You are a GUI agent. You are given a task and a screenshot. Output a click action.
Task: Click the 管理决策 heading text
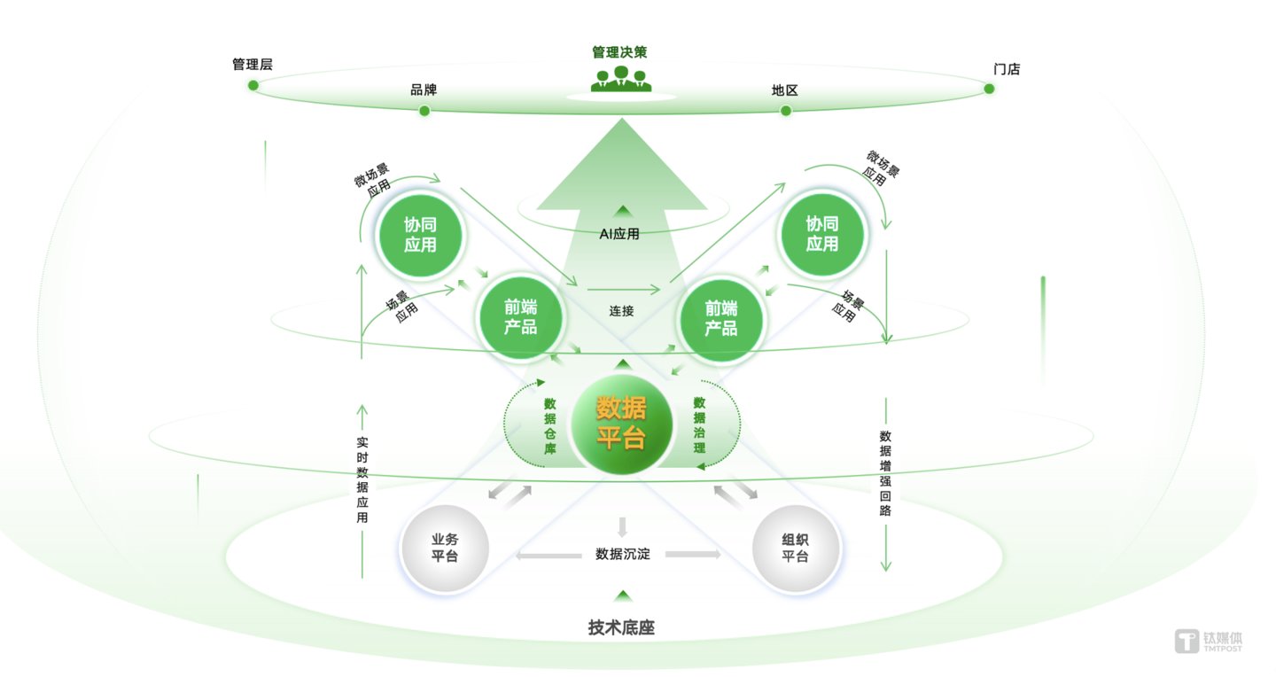point(619,52)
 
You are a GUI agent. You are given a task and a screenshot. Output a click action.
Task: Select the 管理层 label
point(252,65)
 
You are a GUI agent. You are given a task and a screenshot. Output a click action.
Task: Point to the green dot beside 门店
point(989,88)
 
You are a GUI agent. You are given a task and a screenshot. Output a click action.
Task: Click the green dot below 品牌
point(424,111)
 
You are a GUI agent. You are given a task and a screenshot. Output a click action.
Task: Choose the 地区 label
point(784,90)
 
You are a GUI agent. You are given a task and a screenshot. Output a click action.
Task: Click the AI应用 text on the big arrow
point(619,235)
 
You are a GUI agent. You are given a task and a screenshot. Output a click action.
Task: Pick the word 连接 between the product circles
point(621,311)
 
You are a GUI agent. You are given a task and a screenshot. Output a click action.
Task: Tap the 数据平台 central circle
point(621,423)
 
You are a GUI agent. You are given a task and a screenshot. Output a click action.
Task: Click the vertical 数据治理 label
point(699,424)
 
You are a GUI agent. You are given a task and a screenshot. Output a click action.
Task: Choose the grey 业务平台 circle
point(445,549)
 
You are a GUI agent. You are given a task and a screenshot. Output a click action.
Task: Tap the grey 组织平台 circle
point(795,549)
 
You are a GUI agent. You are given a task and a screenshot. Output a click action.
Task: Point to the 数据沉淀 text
point(622,555)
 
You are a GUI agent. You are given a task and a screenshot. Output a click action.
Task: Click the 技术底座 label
point(621,628)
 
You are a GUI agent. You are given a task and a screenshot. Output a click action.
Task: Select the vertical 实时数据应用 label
point(362,479)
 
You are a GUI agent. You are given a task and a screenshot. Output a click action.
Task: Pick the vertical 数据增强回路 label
point(885,472)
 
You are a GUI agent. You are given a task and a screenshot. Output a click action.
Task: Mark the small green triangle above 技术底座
point(623,596)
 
